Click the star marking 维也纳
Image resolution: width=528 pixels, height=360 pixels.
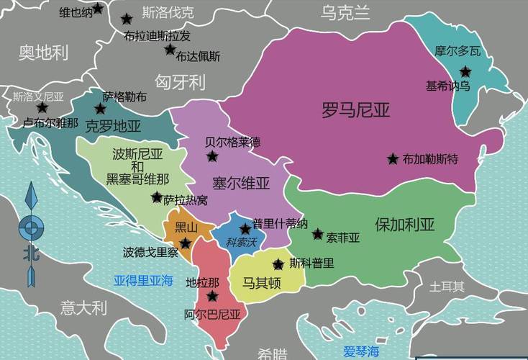[98, 9]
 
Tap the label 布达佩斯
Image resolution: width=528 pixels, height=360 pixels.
[199, 55]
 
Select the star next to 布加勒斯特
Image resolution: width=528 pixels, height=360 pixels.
[393, 158]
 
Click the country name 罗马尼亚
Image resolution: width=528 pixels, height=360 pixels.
[355, 110]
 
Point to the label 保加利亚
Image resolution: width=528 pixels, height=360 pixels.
[404, 224]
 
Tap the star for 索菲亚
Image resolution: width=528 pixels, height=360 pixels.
[317, 234]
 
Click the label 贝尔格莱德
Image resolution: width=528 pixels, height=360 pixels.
[232, 141]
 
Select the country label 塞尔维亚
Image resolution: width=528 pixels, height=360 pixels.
[240, 183]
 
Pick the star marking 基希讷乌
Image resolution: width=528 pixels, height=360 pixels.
[465, 71]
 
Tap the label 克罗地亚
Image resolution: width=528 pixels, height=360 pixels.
[113, 127]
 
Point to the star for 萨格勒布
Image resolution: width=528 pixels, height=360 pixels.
[100, 109]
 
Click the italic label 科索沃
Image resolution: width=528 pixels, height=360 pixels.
[241, 243]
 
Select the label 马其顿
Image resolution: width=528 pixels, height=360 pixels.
[261, 282]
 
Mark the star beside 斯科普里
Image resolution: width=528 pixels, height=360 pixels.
[278, 264]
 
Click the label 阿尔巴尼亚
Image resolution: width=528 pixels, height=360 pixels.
[212, 314]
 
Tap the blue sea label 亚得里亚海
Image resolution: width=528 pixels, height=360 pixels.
[143, 281]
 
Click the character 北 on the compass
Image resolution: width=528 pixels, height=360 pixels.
[30, 253]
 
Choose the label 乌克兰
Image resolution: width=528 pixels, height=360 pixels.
[345, 12]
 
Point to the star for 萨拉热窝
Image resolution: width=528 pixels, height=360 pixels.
[156, 197]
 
